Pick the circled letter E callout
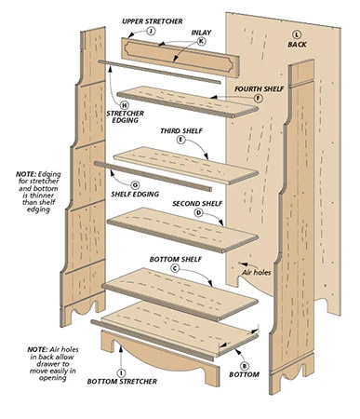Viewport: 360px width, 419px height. (x=180, y=140)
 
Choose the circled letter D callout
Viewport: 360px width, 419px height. (x=197, y=212)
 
